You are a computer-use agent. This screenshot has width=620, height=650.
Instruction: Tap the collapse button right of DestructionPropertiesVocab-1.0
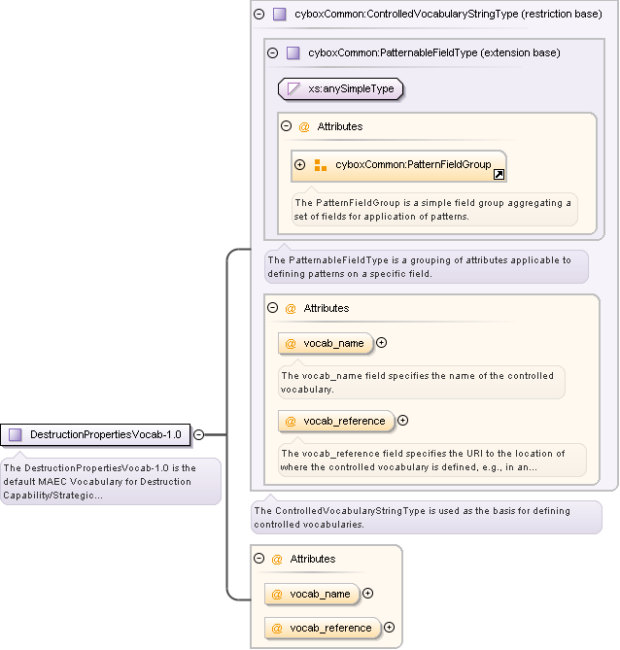[x=198, y=434]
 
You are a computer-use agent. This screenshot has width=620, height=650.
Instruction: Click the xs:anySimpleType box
[x=341, y=89]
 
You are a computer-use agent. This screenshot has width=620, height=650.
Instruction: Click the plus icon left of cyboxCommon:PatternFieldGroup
[x=300, y=165]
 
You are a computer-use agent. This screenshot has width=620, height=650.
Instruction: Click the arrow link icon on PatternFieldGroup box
[x=499, y=175]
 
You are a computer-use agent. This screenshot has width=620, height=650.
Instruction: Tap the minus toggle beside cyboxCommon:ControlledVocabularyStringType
[x=258, y=15]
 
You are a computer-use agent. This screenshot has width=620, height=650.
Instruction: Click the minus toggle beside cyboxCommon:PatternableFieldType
[x=273, y=53]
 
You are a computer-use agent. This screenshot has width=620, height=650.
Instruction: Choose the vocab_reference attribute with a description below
[x=336, y=421]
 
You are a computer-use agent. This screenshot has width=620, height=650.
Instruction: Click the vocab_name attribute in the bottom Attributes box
[x=312, y=594]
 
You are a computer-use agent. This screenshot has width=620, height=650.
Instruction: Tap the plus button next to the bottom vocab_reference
[x=390, y=628]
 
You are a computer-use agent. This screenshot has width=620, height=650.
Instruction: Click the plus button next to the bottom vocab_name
[x=367, y=594]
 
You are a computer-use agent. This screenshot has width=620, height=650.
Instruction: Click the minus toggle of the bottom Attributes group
[x=259, y=559]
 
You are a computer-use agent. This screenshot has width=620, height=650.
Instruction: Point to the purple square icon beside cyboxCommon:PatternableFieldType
[x=293, y=53]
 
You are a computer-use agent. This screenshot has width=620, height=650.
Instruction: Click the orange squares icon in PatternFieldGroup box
[x=320, y=165]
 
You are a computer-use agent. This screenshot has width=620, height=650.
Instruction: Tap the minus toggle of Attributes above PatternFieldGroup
[x=287, y=126]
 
